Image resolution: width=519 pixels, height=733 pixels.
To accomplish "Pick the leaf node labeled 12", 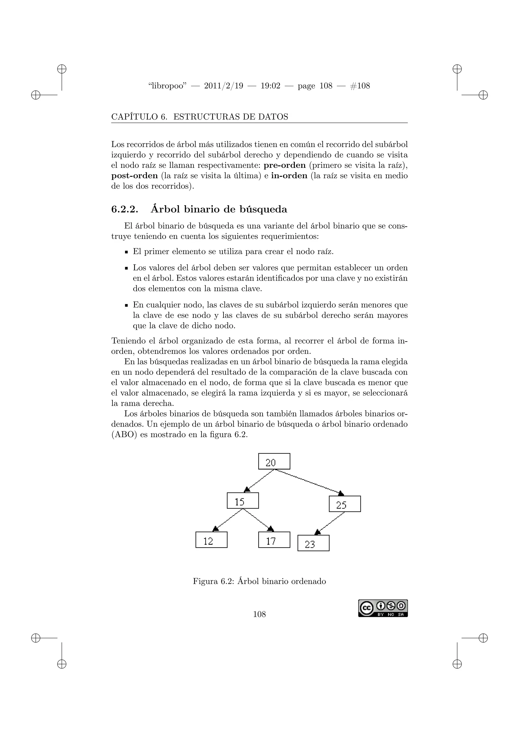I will (x=211, y=540).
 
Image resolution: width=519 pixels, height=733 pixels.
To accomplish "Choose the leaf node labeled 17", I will (x=274, y=540).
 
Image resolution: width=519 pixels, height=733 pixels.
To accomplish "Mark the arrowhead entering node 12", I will (x=216, y=529).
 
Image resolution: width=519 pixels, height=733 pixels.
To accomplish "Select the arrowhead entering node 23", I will (x=317, y=532).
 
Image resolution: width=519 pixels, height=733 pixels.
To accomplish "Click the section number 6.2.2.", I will (x=125, y=209).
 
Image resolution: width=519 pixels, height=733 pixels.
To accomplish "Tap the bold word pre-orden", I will (x=284, y=165).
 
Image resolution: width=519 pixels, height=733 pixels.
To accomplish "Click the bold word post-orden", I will (x=135, y=176).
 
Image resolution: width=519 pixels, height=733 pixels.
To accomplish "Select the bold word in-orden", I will (x=289, y=176).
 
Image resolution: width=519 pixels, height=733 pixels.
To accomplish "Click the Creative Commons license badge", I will (x=383, y=608).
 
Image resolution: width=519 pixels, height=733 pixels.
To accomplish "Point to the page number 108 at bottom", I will (x=259, y=614).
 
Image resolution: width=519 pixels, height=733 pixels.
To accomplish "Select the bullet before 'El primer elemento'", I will (x=126, y=252).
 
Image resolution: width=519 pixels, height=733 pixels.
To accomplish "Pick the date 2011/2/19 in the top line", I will (x=223, y=86).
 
